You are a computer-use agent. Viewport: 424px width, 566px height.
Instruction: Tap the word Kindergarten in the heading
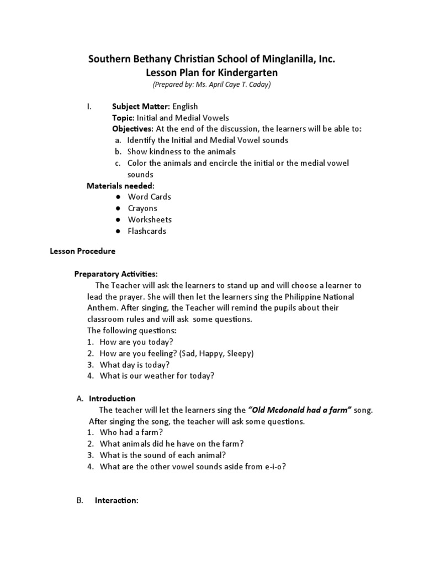pos(246,72)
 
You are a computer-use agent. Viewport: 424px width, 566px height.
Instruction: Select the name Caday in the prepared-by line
pos(257,85)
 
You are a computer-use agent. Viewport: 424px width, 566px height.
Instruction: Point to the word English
pos(184,106)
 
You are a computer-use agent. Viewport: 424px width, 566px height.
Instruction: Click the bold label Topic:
pos(124,118)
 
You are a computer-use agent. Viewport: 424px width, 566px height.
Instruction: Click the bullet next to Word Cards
pos(118,197)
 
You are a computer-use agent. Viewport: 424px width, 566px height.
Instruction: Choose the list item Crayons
pos(142,208)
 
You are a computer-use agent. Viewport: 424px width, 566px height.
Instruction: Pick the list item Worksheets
pos(150,219)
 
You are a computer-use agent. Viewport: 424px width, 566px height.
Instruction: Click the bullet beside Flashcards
pos(118,231)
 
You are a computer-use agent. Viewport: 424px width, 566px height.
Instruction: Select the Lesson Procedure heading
pos(83,251)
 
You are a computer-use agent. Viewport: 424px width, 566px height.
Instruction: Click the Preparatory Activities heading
pos(116,274)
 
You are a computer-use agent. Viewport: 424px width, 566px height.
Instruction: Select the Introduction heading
pos(112,399)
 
